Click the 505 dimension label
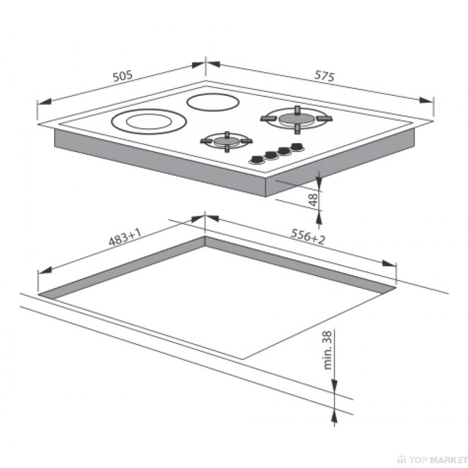click(122, 76)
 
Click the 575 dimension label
click(325, 76)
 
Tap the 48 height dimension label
click(313, 200)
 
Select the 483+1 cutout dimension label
click(125, 238)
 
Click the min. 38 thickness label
click(328, 350)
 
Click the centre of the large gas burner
click(297, 119)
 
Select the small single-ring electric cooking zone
click(213, 102)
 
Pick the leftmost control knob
click(257, 160)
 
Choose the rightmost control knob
click(297, 147)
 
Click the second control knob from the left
click(271, 155)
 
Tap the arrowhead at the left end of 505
click(44, 102)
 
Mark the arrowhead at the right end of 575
click(426, 100)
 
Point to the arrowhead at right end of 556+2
click(389, 264)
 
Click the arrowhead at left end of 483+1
click(45, 270)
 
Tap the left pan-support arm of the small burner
click(207, 141)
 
